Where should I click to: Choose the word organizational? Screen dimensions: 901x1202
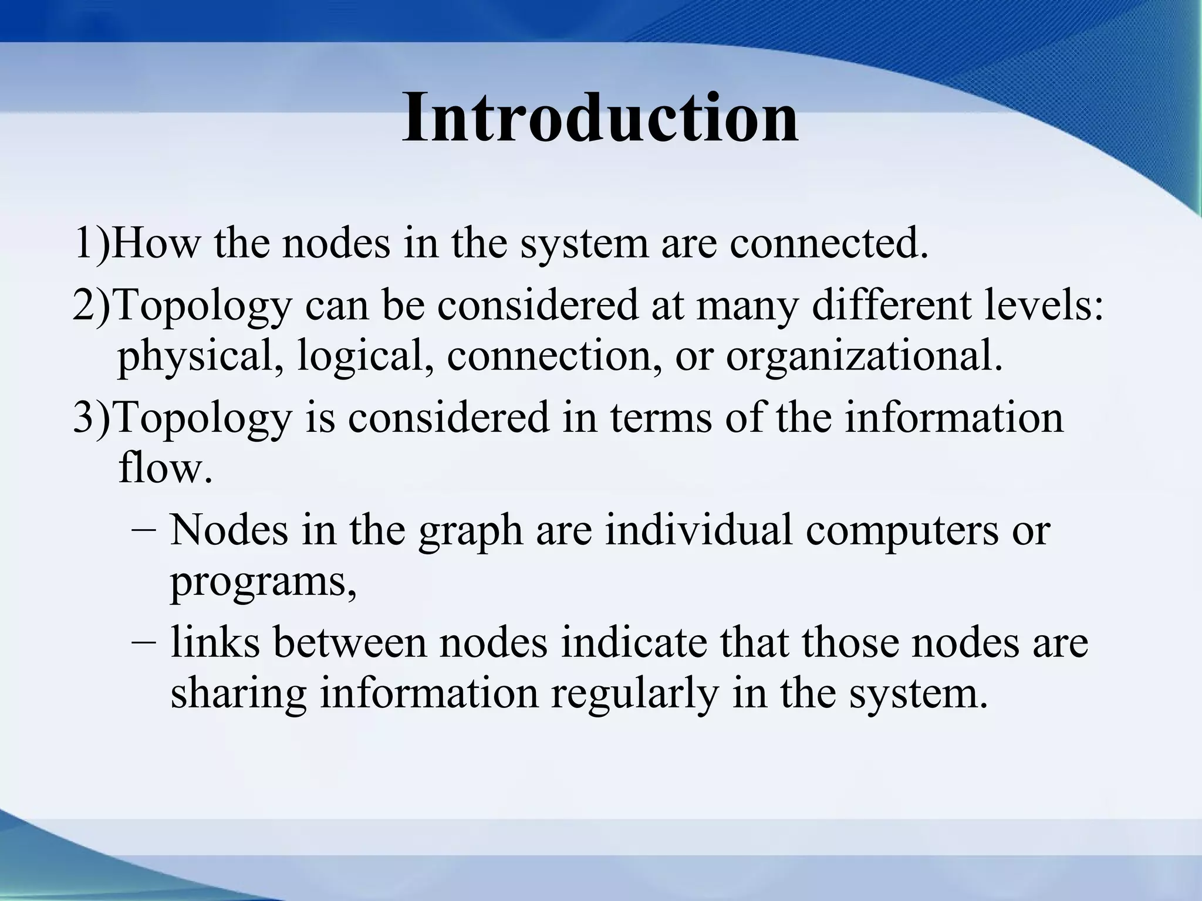[864, 357]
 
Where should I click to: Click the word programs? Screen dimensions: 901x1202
[262, 584]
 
